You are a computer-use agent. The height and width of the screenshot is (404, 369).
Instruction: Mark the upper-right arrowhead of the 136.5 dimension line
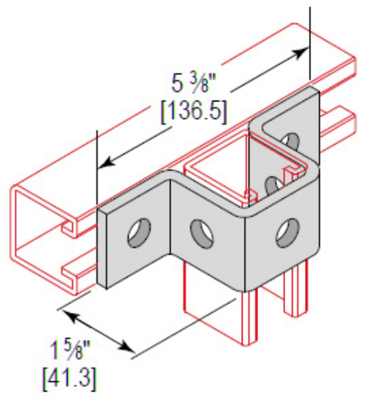pos(302,51)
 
